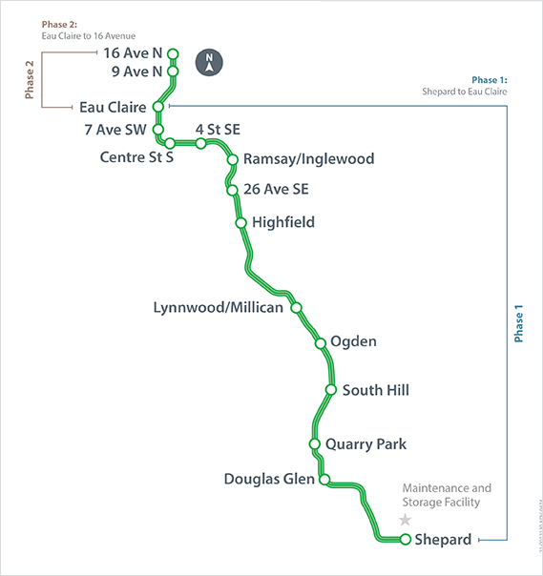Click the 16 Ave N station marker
click(173, 53)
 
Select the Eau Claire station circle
click(157, 107)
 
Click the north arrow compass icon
click(209, 62)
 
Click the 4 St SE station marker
click(201, 143)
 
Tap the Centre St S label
click(136, 157)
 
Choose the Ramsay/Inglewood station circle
click(232, 160)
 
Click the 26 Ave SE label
click(277, 189)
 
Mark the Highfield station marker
click(240, 223)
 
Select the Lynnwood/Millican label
click(219, 307)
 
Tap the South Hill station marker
click(331, 389)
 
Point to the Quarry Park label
click(365, 443)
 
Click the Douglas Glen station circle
click(324, 479)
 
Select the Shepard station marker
click(406, 540)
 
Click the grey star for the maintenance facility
click(406, 520)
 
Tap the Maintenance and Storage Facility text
click(447, 495)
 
